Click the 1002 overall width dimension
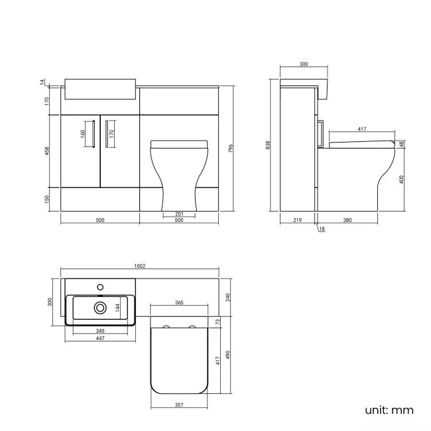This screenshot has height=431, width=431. [139, 266]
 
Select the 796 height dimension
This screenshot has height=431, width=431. [230, 149]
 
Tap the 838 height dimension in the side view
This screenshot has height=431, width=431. [267, 145]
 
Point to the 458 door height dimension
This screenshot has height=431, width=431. [46, 151]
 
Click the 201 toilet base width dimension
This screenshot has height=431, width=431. [178, 213]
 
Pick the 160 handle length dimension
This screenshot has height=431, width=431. [83, 133]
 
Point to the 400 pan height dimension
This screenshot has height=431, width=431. [402, 179]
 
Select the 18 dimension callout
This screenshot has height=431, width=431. [322, 229]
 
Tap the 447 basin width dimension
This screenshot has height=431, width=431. [99, 338]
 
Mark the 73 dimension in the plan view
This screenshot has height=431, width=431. [217, 322]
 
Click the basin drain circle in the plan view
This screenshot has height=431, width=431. [100, 308]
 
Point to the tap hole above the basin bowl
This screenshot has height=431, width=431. [100, 287]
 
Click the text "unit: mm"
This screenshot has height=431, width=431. [389, 410]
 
